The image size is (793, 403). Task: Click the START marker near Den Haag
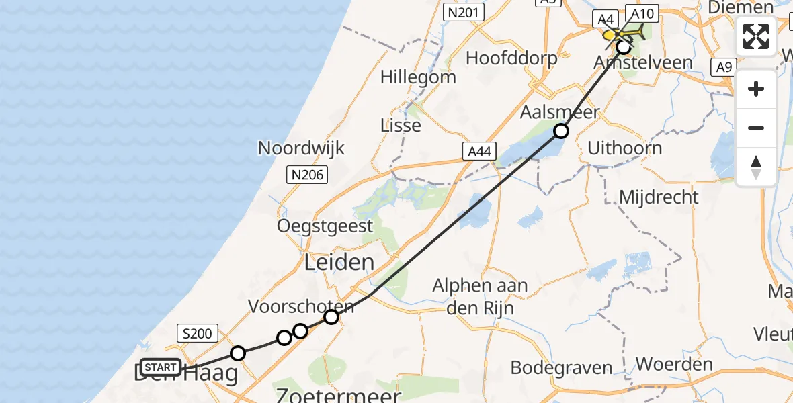coord(161,367)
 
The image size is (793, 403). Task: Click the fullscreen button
coord(756,36)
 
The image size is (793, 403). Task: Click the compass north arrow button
coord(756,167)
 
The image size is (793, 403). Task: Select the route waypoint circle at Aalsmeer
coord(560,131)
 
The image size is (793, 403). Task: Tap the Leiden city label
coord(339,263)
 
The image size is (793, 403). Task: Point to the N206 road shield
coord(307,176)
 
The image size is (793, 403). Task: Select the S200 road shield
coord(197,332)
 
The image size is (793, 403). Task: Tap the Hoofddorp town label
coord(511,58)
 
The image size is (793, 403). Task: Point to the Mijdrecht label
coord(659,197)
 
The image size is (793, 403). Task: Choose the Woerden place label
coord(674,365)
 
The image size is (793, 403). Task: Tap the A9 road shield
coord(723,67)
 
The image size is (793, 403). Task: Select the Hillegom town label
coord(418,77)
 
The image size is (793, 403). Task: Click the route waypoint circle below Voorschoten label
coord(331,316)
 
